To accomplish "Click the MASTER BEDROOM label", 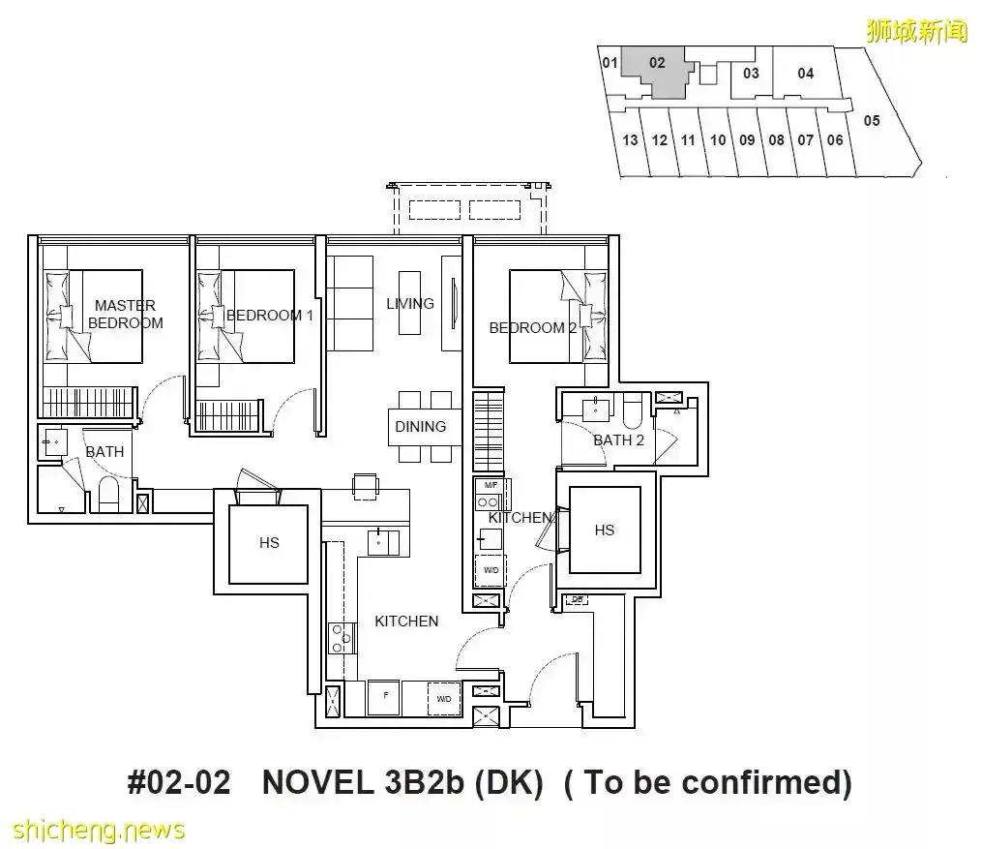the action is pos(125,314).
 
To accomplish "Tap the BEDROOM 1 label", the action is pos(269,316).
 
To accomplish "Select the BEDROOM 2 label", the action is pos(533,328).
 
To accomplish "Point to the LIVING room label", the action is pos(410,303).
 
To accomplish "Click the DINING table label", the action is pos(420,426).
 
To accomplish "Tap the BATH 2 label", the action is pos(619,440).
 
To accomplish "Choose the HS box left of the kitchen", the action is pos(269,544).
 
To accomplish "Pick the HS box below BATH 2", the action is pos(605,531).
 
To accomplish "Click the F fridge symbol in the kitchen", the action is pos(383,697).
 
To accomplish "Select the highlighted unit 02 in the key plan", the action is pos(657,68).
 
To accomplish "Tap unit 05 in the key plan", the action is pos(872,120).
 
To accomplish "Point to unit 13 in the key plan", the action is pos(630,140).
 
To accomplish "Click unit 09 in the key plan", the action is pos(747,140).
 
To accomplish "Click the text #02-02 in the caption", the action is pos(179,782).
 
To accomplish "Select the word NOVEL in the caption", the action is pos(317,782).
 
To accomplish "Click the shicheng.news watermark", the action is pos(99,831).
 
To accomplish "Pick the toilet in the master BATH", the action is pos(108,495).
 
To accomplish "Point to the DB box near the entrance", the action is pos(577,599).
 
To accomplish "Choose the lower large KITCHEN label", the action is pos(406,622).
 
